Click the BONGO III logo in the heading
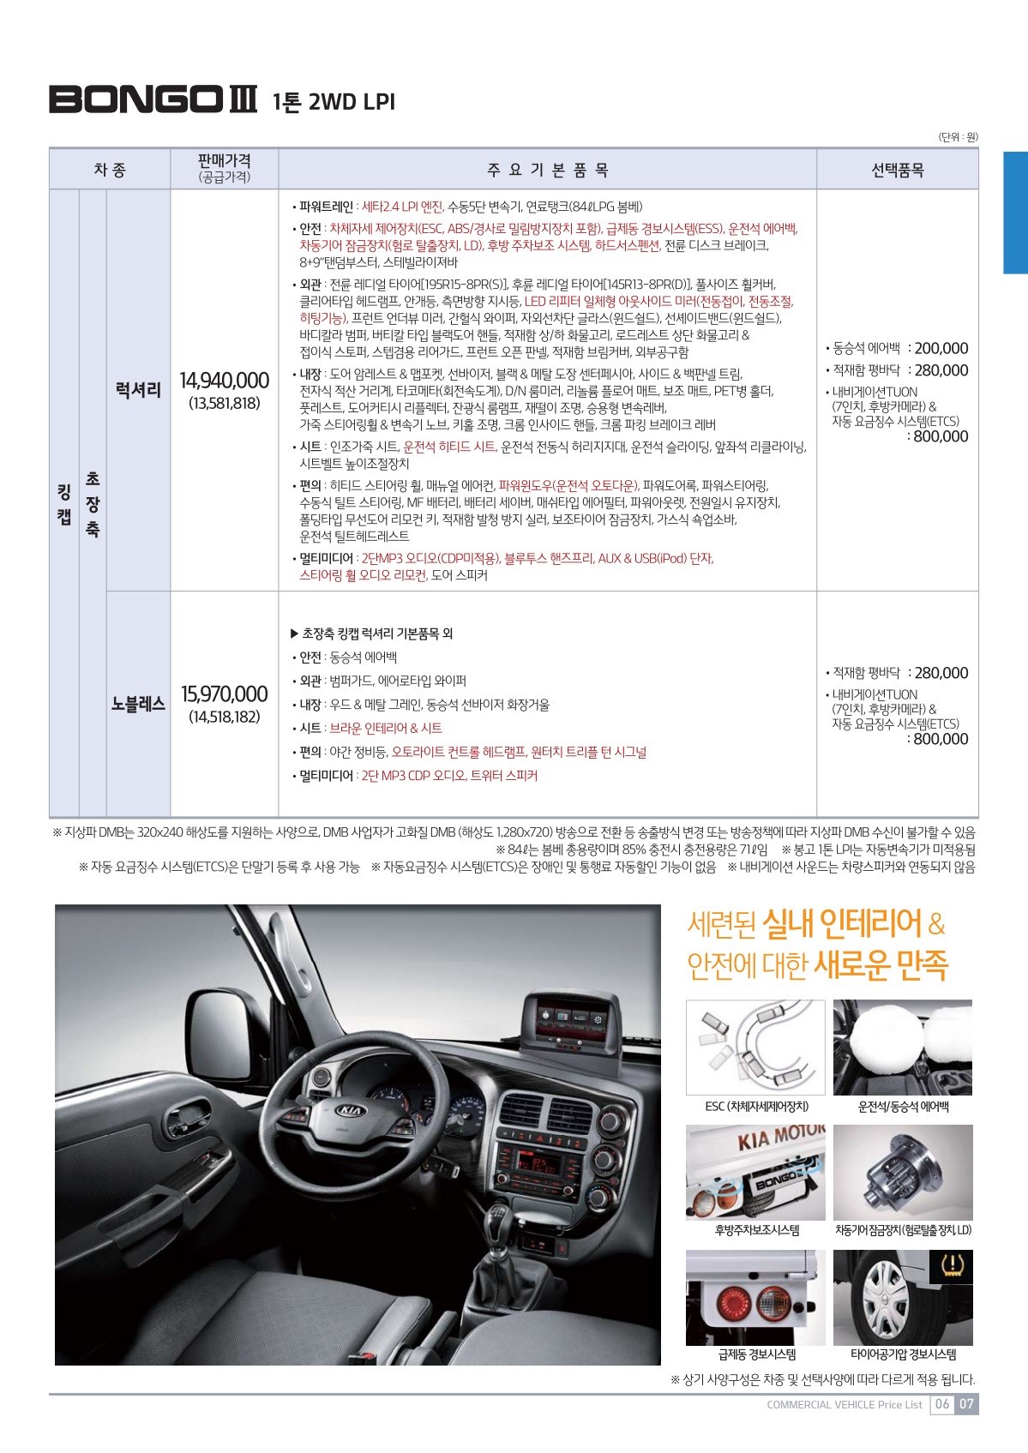click(153, 99)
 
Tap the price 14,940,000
click(224, 381)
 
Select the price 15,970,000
click(224, 694)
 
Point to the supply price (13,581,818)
click(224, 404)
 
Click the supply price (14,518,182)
click(224, 717)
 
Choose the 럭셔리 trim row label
click(138, 391)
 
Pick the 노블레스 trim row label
click(138, 705)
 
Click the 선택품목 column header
click(897, 170)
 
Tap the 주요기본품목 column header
click(547, 170)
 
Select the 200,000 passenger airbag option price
click(941, 348)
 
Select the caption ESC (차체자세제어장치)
click(756, 1107)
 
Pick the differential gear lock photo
click(903, 1172)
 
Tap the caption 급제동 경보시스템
click(756, 1354)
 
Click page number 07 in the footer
click(966, 1404)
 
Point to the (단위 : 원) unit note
click(958, 137)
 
